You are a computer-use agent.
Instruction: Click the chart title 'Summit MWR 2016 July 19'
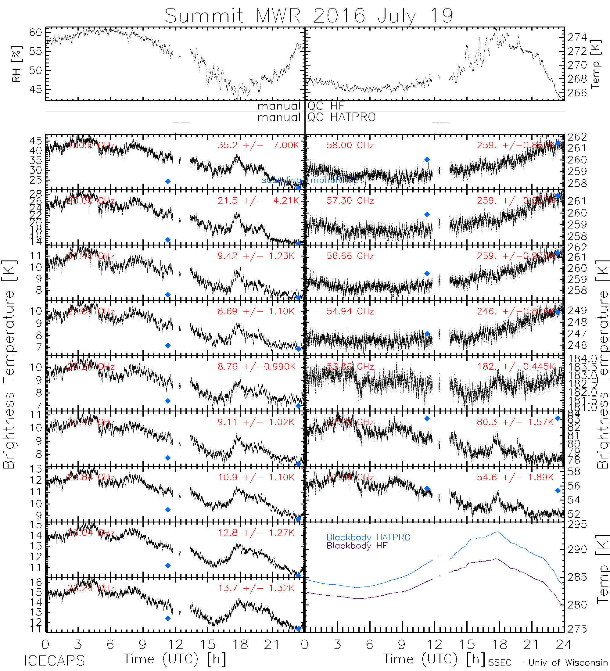309,16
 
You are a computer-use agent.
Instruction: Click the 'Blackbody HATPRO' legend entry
368,537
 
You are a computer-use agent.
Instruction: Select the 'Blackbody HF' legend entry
357,546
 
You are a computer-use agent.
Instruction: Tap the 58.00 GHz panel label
350,145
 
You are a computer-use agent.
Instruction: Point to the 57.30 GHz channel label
350,201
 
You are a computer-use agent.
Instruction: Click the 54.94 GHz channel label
350,311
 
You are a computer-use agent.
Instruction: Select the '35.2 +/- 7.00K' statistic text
258,145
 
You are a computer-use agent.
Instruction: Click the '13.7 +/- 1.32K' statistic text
256,588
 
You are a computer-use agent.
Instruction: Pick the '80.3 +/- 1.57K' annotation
515,422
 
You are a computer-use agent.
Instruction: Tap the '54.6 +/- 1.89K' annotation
515,477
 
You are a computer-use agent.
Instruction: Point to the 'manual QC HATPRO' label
316,117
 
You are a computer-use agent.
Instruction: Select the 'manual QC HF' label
300,106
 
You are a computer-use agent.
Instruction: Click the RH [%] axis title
16,64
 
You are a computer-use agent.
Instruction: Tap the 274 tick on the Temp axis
577,38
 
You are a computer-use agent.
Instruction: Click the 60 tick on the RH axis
36,32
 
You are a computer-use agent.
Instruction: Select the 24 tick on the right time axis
563,645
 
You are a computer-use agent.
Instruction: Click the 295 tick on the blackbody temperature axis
577,525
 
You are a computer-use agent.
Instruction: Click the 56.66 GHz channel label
350,256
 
